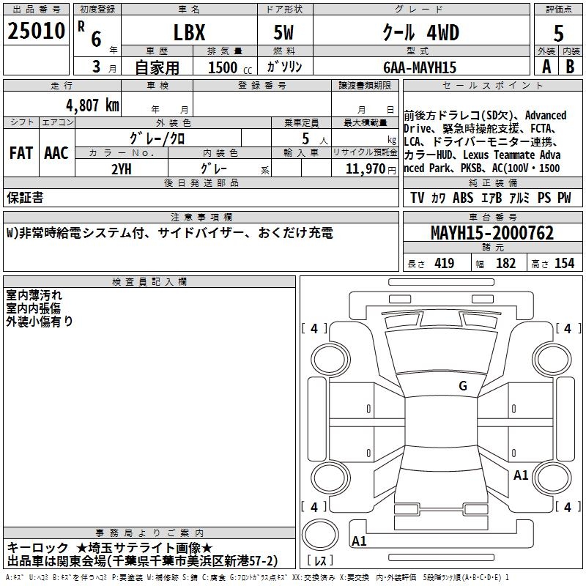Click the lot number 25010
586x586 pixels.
(x=36, y=31)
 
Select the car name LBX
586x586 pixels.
(x=189, y=32)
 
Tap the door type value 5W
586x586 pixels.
(x=283, y=32)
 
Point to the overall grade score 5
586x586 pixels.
(x=558, y=33)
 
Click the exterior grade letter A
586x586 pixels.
(x=546, y=67)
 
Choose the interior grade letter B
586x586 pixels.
(x=570, y=67)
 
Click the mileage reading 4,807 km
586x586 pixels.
(x=92, y=105)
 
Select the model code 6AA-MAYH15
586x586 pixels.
(x=420, y=67)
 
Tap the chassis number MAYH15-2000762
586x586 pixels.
(x=492, y=233)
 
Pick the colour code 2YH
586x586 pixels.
(x=122, y=169)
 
